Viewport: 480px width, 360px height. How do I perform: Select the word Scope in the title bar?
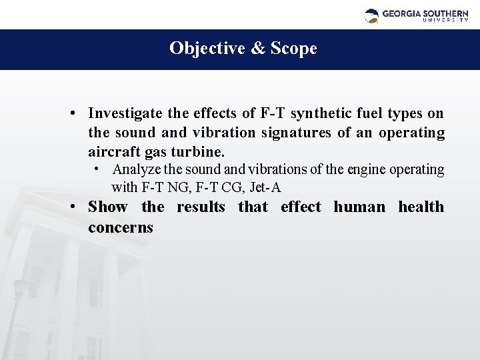[x=293, y=49]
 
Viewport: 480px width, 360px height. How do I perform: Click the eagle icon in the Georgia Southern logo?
[x=371, y=15]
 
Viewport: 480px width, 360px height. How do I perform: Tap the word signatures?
[x=296, y=133]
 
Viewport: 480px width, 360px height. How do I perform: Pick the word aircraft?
[x=111, y=152]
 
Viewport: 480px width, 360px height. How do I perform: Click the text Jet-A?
[x=267, y=187]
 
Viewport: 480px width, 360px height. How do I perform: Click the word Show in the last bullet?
[x=108, y=207]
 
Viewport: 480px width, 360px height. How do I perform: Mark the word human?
[x=359, y=207]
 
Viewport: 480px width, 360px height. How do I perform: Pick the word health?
[x=421, y=207]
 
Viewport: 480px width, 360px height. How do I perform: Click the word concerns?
[x=121, y=227]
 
